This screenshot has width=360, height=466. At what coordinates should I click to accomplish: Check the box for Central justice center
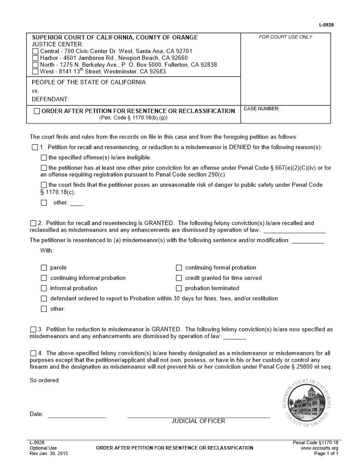coord(35,52)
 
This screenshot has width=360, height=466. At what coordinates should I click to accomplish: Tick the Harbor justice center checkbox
coord(35,58)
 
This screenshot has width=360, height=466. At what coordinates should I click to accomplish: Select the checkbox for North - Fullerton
coord(35,65)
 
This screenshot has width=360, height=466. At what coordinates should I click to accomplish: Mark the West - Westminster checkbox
coord(35,71)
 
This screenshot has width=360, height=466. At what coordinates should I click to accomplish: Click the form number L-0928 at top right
coord(326,25)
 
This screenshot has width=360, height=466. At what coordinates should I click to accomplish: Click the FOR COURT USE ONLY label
coord(285,37)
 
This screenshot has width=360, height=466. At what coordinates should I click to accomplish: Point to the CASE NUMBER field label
coord(262,109)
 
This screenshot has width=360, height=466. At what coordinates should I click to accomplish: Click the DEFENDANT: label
coord(50,99)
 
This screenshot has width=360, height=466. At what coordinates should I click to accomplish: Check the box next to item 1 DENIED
coord(35,147)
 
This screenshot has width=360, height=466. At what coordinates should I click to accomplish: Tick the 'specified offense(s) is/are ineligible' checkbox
coord(44,158)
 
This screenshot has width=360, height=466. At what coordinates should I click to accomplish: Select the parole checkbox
coord(44,268)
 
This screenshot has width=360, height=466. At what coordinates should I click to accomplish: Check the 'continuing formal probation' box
coord(179,268)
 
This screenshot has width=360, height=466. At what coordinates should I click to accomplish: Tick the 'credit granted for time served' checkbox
coord(179,278)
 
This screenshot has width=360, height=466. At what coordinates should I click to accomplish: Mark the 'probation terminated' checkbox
coord(179,289)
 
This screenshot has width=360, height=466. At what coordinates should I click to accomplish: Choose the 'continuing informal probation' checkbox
coord(44,278)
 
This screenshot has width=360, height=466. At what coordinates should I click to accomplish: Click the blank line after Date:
coord(77,414)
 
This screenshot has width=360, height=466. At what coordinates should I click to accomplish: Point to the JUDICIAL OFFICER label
coord(198,421)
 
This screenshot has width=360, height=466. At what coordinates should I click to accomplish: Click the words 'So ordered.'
coord(45,380)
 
